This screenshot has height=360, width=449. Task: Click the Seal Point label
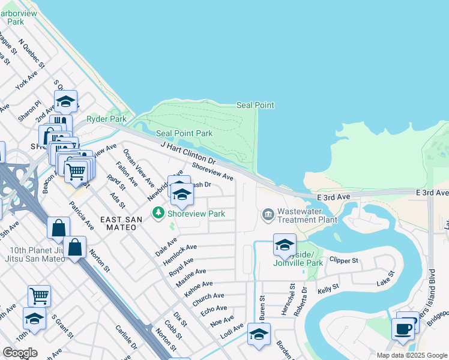click(255, 106)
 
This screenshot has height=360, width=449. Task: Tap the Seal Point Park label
click(184, 133)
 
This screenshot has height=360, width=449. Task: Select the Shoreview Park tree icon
click(158, 213)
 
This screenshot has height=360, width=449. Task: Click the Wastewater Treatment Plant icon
click(268, 214)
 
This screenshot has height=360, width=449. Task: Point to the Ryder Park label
click(106, 119)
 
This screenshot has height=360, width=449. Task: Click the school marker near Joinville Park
click(285, 245)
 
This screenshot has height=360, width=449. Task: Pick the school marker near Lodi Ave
click(259, 334)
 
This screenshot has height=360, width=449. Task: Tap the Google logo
click(20, 353)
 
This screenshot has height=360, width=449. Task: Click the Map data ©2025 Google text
click(411, 355)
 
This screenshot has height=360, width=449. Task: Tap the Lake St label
click(384, 278)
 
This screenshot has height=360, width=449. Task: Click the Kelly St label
click(328, 290)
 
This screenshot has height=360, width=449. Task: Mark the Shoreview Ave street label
click(212, 172)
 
